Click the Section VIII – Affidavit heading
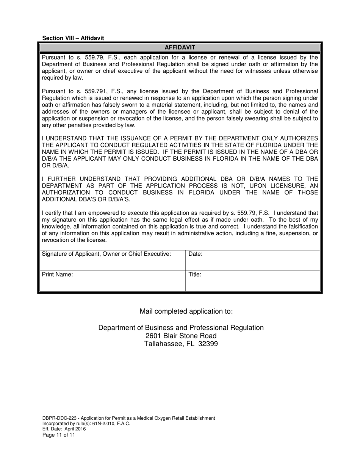pos(73,38)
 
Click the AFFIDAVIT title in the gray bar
pos(180,47)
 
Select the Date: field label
pos(196,254)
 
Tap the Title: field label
pos(195,275)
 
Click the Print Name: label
pos(57,275)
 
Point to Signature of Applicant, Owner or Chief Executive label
pos(106,254)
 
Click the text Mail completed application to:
pos(186,311)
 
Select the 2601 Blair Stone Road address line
pos(181,336)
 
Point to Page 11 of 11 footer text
pos(59,435)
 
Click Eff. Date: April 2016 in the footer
pos(64,429)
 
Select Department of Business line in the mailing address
pos(181,328)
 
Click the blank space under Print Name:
pos(112,284)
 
